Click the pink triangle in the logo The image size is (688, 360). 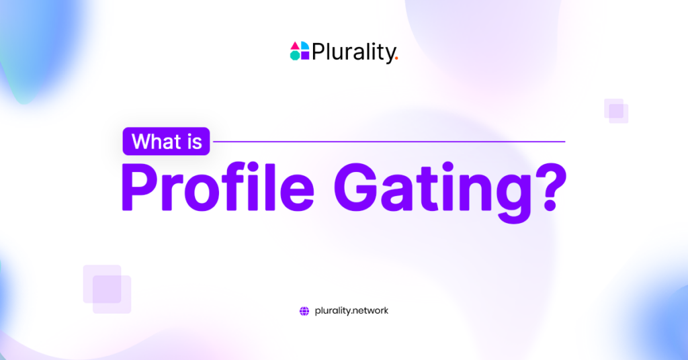295,46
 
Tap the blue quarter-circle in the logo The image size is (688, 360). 304,46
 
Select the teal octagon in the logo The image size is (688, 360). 295,56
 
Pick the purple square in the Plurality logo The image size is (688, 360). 304,56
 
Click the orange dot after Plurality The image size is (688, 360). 396,58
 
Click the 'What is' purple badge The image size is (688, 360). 167,142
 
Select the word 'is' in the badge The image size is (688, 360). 195,142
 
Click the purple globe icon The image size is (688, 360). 304,311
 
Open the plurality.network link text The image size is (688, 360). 351,311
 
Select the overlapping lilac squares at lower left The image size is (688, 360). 107,289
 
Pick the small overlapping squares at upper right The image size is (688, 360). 616,111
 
